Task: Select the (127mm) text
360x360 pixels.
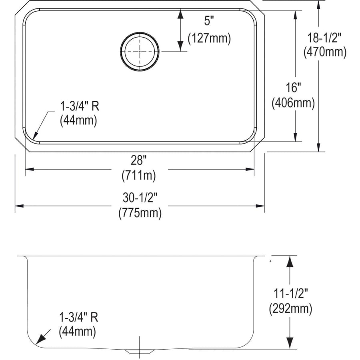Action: tap(209, 38)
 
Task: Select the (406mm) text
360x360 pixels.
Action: tap(293, 103)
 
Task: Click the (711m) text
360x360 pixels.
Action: tap(139, 174)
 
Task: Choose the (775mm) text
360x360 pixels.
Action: tap(140, 213)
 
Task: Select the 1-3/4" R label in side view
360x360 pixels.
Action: tap(78, 318)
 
